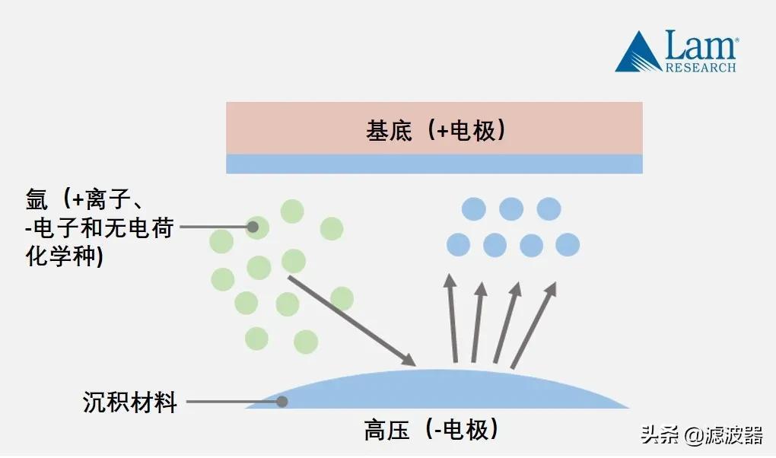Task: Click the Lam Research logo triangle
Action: click(x=638, y=55)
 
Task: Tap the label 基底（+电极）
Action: click(x=435, y=131)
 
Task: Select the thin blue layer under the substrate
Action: click(x=434, y=164)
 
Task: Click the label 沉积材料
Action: click(x=129, y=401)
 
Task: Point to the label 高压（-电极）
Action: click(x=431, y=431)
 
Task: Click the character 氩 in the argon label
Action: click(x=37, y=201)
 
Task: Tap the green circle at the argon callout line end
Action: click(x=257, y=227)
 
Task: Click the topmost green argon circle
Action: click(x=292, y=211)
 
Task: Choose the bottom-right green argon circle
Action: click(x=305, y=342)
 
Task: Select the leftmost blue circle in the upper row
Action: click(x=474, y=208)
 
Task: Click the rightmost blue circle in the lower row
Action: click(x=568, y=244)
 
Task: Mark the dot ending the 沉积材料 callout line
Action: click(x=282, y=401)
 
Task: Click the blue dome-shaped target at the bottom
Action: click(x=437, y=390)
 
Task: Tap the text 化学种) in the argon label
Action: click(x=65, y=256)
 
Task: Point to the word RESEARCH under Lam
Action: click(x=701, y=68)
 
